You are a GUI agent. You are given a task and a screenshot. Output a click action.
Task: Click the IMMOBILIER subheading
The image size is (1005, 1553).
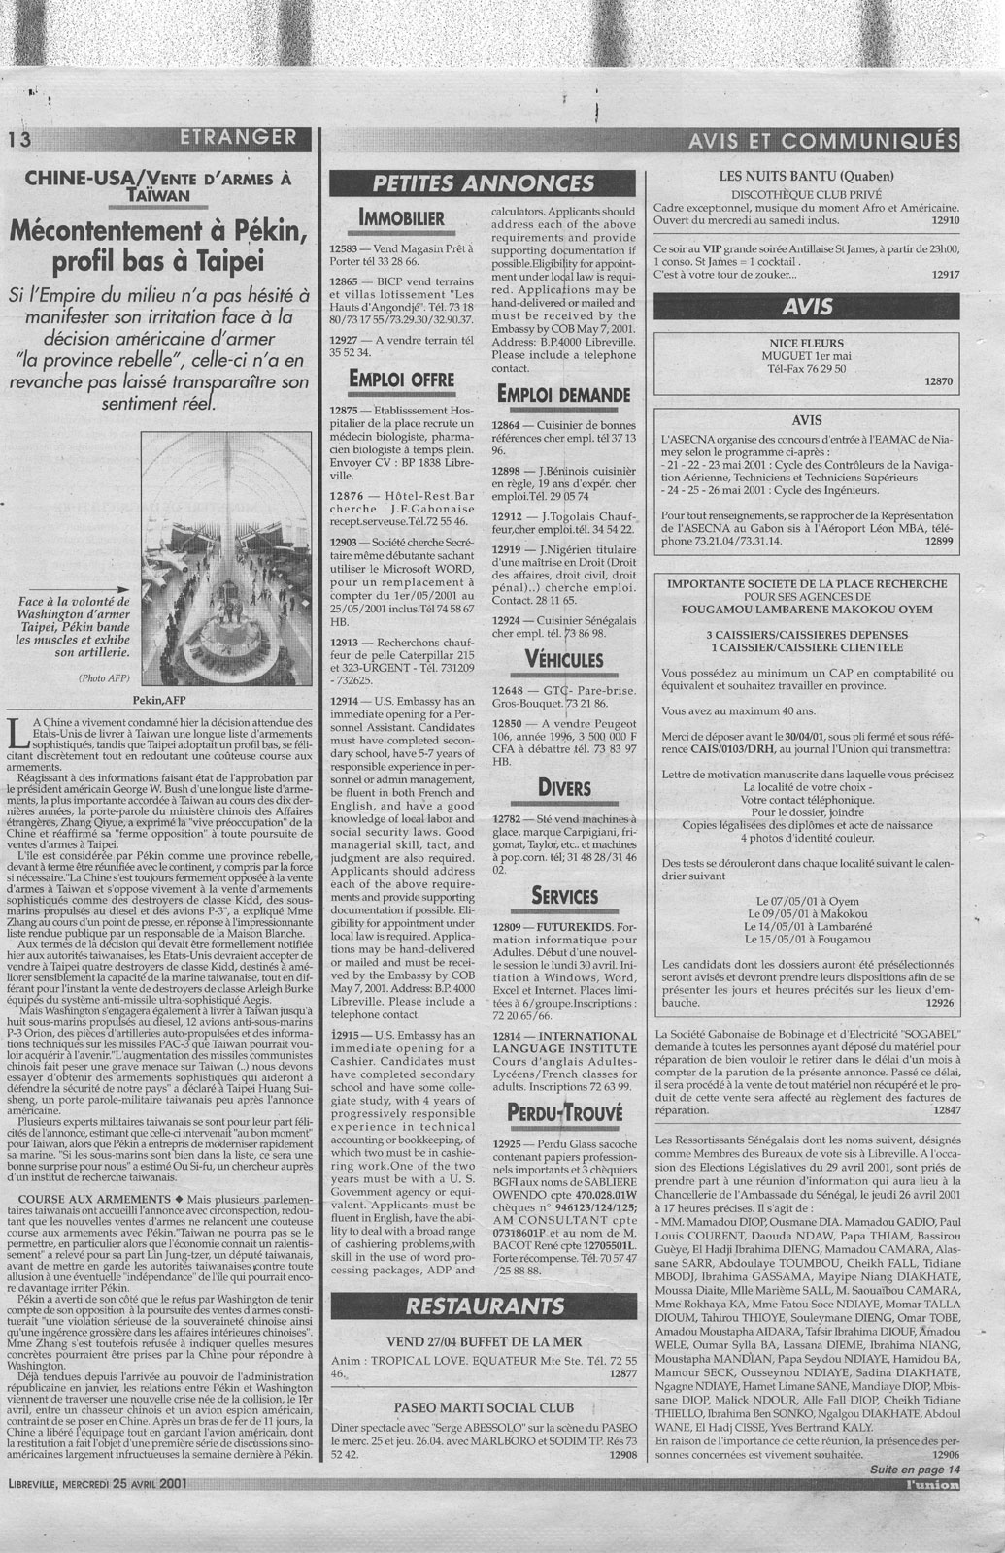pyautogui.click(x=402, y=216)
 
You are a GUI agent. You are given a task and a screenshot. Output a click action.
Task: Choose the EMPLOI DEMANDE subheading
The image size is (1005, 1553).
pyautogui.click(x=562, y=394)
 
